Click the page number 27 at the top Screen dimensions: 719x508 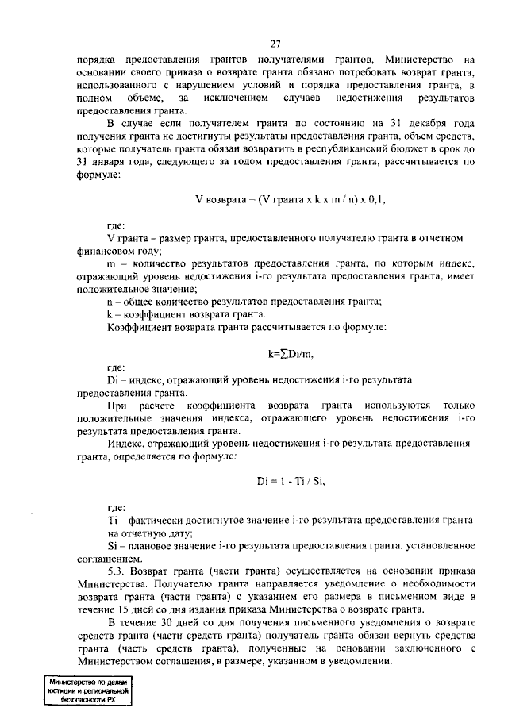(x=275, y=44)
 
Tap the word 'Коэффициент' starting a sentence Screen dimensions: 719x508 (x=137, y=327)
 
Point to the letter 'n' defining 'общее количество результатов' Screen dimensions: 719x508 (x=110, y=302)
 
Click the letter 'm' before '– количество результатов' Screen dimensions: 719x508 (x=110, y=263)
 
